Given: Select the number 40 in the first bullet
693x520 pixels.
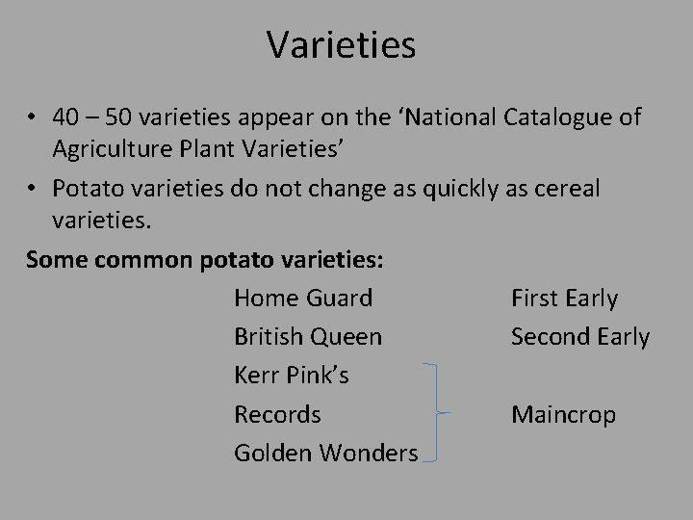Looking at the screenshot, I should [67, 117].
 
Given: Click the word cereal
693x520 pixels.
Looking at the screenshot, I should [567, 188].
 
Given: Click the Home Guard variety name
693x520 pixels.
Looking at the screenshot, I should [303, 299].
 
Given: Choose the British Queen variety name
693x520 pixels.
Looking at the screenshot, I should [308, 337].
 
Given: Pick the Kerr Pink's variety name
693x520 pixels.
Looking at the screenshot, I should [292, 376].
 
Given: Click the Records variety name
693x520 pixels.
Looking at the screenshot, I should [277, 415].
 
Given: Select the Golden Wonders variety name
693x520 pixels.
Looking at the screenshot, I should [326, 454].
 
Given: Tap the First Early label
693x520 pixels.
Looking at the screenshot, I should [564, 299].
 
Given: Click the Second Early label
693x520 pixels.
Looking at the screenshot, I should [580, 337].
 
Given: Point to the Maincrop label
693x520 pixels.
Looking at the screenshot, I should [564, 415].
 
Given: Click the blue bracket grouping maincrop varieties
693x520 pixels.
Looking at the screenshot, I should [439, 413].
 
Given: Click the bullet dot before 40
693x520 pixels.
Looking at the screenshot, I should [32, 118].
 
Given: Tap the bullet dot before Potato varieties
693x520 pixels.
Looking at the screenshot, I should [32, 189].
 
